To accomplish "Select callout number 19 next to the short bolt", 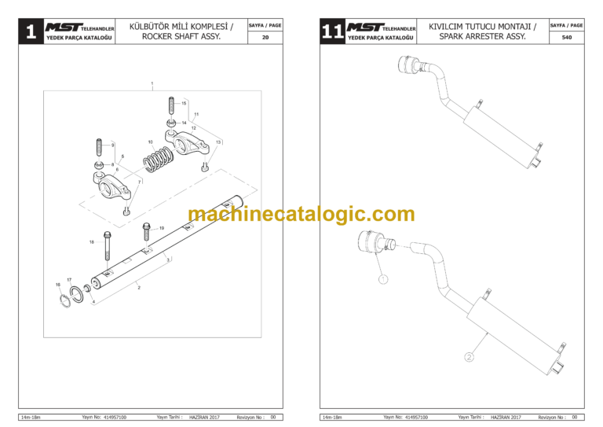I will pyautogui.click(x=162, y=228).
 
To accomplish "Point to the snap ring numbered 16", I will pyautogui.click(x=64, y=300).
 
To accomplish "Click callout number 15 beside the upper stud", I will pyautogui.click(x=185, y=103).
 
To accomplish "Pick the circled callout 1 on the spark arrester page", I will pyautogui.click(x=382, y=278).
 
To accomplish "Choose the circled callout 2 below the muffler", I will pyautogui.click(x=469, y=357).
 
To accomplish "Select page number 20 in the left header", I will pyautogui.click(x=265, y=37).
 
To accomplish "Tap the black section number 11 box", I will pyautogui.click(x=332, y=32).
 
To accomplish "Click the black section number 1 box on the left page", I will pyautogui.click(x=30, y=32).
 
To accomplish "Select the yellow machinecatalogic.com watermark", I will pyautogui.click(x=301, y=214).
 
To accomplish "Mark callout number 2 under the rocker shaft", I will pyautogui.click(x=139, y=289).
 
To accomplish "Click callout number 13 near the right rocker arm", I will pyautogui.click(x=218, y=142).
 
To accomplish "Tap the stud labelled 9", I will pyautogui.click(x=100, y=148).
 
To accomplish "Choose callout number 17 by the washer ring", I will pyautogui.click(x=69, y=280).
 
